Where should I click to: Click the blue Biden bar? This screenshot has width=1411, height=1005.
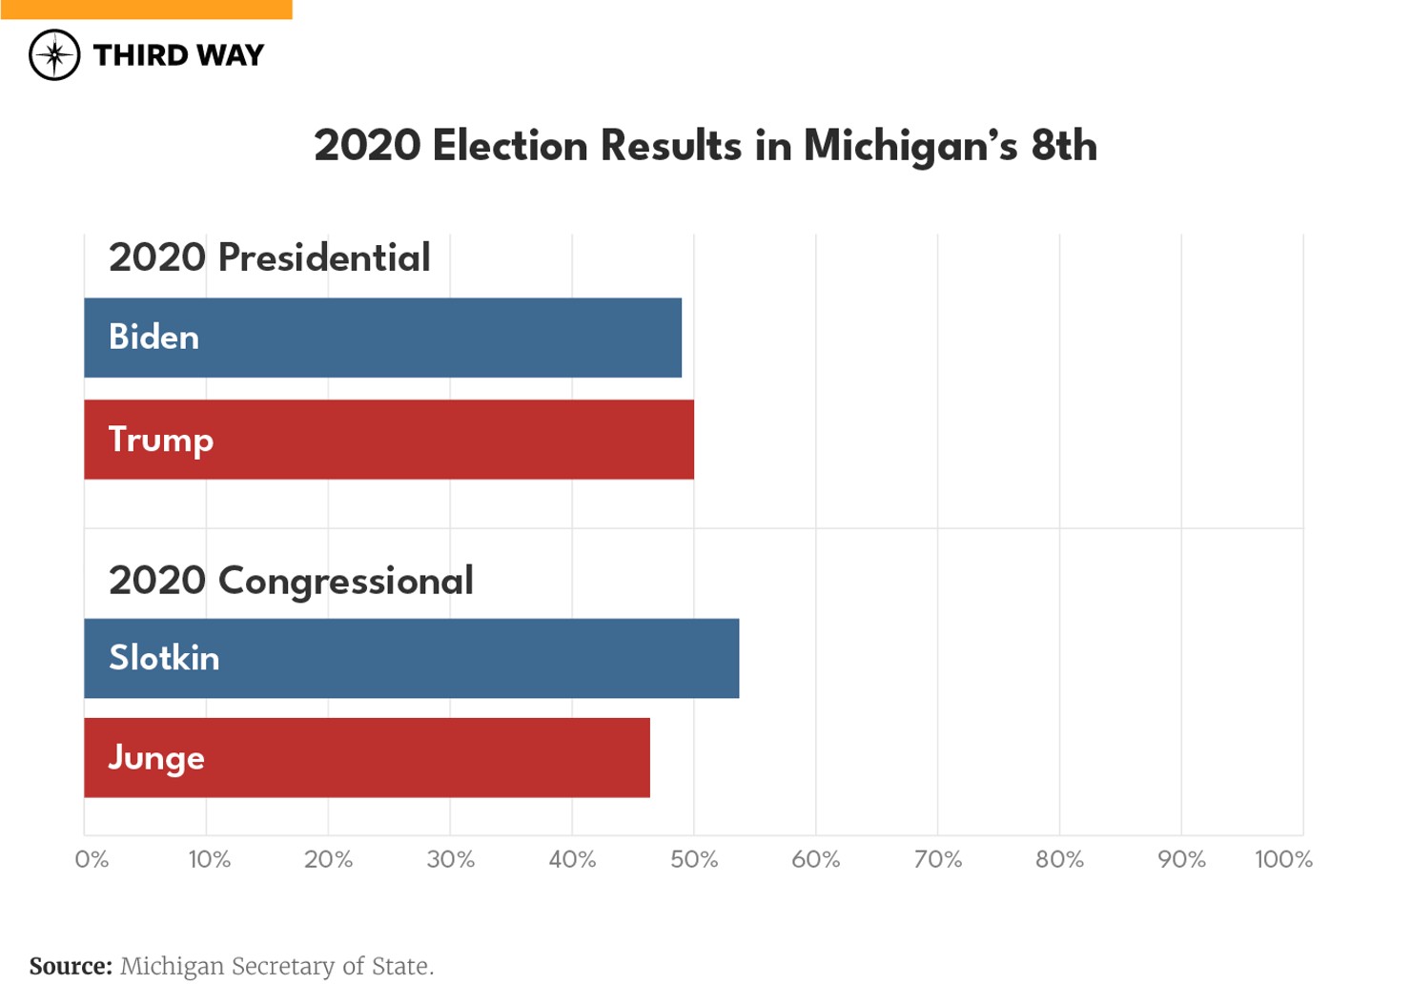[x=382, y=338]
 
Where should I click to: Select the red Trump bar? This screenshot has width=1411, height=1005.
[x=389, y=440]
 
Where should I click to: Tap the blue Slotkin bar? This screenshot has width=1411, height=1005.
[x=411, y=658]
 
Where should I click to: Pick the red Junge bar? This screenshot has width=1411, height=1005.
[x=367, y=758]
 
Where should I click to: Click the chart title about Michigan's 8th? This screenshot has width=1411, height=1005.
[x=705, y=146]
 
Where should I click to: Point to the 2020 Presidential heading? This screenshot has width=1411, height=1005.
[x=269, y=257]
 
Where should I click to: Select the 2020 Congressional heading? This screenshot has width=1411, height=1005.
[x=291, y=581]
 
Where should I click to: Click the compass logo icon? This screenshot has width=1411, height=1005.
[x=54, y=55]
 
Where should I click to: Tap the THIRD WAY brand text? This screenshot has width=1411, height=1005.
[x=178, y=55]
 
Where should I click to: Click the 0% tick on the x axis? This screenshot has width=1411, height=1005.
[x=92, y=859]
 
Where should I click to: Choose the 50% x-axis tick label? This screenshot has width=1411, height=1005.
[x=694, y=859]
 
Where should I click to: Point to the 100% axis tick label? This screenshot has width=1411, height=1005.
[x=1283, y=859]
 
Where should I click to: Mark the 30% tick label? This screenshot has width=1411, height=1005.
[x=450, y=859]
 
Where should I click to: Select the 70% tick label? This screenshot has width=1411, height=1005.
[x=938, y=859]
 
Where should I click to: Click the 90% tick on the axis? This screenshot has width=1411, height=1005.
[x=1181, y=859]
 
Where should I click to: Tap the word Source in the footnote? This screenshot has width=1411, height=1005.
[x=71, y=966]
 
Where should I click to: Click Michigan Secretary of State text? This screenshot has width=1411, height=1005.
[x=276, y=966]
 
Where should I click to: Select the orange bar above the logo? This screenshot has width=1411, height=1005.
[x=146, y=10]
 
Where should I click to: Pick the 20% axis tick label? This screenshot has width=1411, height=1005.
[x=328, y=859]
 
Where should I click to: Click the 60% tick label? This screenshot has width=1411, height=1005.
[x=816, y=859]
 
